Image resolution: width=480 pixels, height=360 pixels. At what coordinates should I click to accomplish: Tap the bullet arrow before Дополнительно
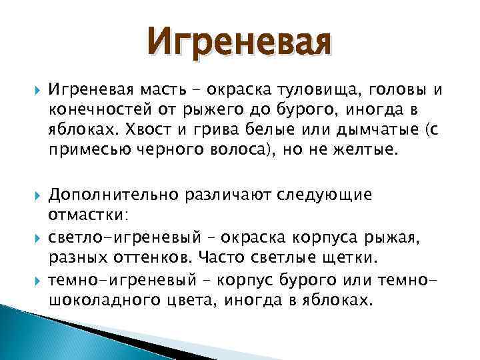36,195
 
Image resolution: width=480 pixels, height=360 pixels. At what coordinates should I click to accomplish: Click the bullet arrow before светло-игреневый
36,237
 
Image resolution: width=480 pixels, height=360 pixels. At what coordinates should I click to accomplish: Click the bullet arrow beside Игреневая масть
36,91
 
